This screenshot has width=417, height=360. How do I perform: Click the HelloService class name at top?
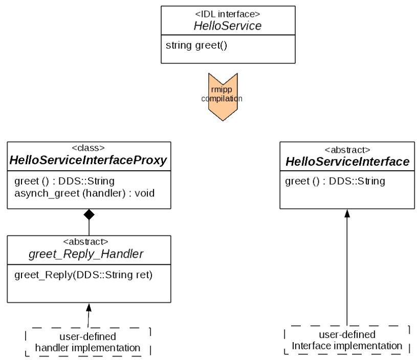[228, 26]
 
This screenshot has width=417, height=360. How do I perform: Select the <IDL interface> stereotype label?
[228, 14]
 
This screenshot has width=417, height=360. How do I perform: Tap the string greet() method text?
[196, 46]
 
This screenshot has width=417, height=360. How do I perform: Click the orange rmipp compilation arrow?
[223, 97]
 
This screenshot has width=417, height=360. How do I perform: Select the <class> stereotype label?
[89, 148]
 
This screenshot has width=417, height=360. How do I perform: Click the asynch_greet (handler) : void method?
[84, 193]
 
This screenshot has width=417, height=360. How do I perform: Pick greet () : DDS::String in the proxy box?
[64, 182]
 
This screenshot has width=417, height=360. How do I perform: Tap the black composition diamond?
[89, 215]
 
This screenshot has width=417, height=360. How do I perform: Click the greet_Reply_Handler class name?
[86, 254]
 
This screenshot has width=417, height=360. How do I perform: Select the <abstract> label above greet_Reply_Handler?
[86, 242]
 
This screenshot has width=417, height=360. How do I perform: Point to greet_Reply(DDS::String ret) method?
[83, 275]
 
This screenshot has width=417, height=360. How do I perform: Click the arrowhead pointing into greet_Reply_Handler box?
[89, 308]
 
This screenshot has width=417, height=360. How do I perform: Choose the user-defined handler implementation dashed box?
[88, 342]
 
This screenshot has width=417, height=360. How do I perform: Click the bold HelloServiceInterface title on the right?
[347, 162]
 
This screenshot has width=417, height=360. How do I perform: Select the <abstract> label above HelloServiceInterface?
[347, 150]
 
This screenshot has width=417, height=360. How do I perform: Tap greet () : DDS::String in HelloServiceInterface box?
[335, 182]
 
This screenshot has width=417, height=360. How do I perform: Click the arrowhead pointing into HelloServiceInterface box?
[347, 213]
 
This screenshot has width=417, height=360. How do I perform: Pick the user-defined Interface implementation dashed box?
[347, 340]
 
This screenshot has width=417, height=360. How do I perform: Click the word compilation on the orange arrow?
[222, 99]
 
